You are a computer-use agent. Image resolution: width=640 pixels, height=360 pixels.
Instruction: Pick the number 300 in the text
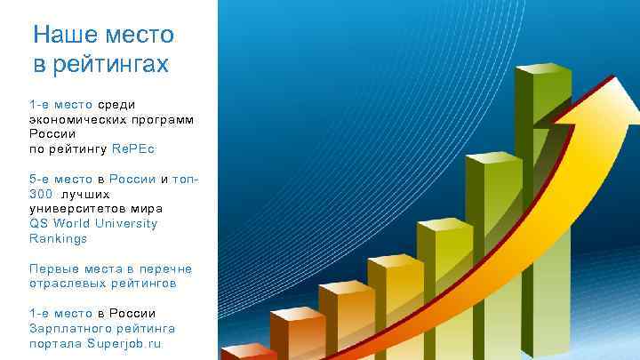point(41,194)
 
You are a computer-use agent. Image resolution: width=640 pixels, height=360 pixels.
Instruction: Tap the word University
point(126,223)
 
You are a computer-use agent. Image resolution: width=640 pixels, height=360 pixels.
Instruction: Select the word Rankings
point(58,238)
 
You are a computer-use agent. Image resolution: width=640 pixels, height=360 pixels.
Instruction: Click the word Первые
point(52,268)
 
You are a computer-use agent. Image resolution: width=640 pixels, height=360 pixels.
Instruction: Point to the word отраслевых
point(66,284)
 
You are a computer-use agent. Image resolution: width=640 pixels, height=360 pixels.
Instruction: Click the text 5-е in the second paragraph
point(41,179)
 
